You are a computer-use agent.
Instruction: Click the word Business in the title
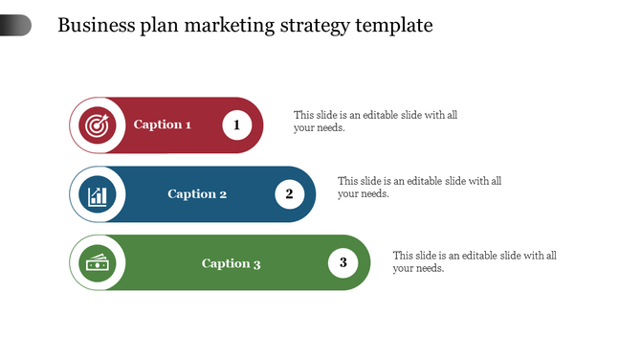(x=94, y=25)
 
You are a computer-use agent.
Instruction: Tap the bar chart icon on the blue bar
(x=98, y=195)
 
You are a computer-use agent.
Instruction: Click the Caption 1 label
(x=163, y=124)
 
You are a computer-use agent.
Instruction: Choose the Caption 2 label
(x=197, y=194)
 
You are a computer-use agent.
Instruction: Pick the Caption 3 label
(x=231, y=263)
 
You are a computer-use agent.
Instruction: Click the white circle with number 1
(x=236, y=124)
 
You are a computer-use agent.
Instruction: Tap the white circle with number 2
(x=289, y=194)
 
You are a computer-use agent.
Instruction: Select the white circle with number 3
(x=343, y=262)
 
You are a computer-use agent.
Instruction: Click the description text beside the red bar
(x=375, y=122)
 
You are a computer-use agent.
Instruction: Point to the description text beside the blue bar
(x=419, y=187)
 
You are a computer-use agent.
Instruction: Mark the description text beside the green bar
(x=475, y=261)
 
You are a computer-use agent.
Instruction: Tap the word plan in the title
(x=152, y=26)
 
